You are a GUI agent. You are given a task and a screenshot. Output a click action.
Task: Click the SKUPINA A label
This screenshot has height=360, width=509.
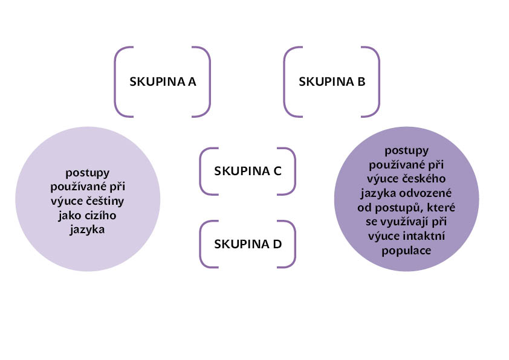click(x=163, y=82)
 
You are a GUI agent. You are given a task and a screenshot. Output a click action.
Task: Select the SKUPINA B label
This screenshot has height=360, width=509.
click(x=332, y=82)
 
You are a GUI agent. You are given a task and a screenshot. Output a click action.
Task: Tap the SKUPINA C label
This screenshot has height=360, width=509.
click(x=248, y=171)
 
